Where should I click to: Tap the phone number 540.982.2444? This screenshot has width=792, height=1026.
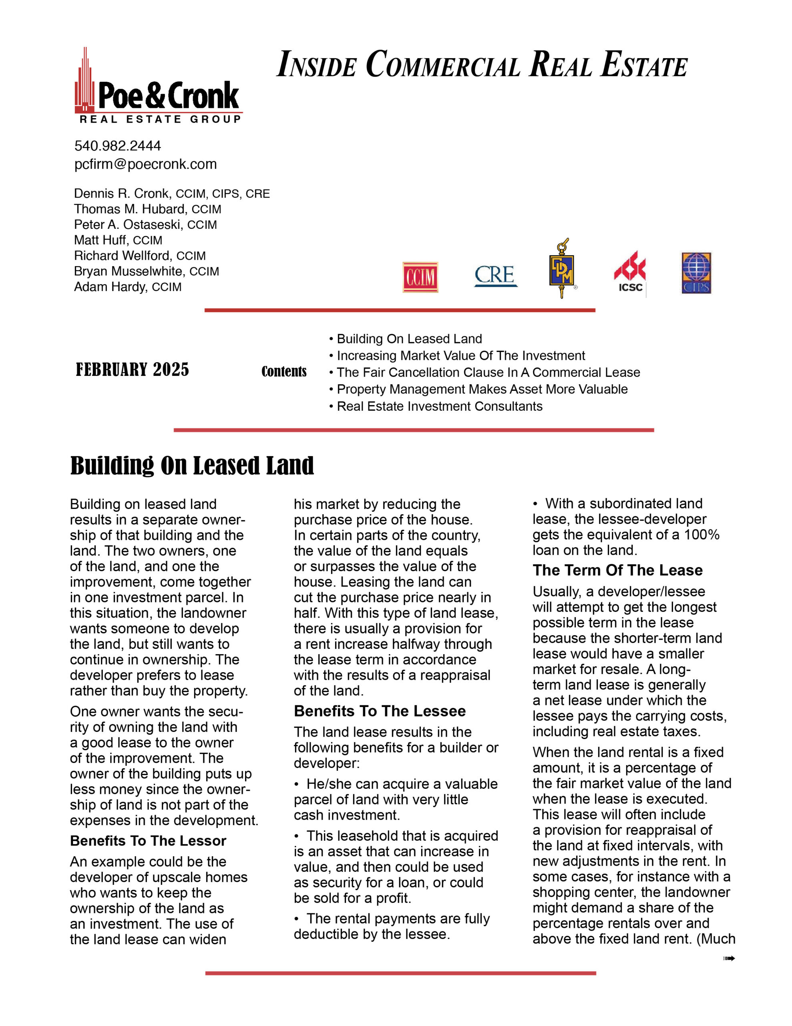tap(117, 145)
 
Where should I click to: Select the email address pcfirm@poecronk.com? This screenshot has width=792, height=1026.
tap(145, 164)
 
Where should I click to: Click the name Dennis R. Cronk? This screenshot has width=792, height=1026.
tap(122, 194)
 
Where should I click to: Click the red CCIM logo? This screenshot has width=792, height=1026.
tap(420, 277)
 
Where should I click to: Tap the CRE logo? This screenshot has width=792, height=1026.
tap(495, 275)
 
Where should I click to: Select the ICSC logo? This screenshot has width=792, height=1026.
tap(630, 273)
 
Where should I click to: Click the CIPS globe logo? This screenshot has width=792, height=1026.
tap(696, 273)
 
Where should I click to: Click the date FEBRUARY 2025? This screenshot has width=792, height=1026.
tap(133, 370)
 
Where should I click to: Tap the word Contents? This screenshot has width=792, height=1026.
tap(284, 372)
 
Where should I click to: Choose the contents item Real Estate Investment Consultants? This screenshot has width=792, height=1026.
tap(439, 406)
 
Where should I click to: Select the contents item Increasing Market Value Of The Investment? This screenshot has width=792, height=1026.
tap(460, 355)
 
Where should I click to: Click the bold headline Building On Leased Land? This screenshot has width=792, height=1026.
tap(192, 466)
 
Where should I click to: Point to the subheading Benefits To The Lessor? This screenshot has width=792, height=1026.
tap(148, 841)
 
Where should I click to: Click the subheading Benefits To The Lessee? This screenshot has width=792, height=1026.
tap(379, 711)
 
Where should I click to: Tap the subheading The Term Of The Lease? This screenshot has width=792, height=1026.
tap(617, 570)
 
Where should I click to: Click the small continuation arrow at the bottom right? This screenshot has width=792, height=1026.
tap(729, 958)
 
